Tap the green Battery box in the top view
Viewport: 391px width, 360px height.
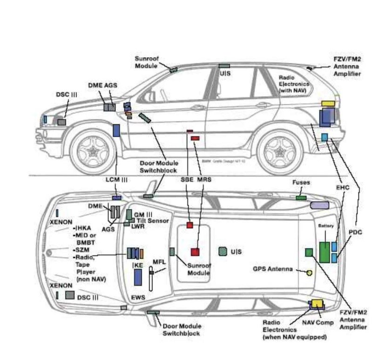(324, 252)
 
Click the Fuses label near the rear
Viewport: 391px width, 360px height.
(301, 183)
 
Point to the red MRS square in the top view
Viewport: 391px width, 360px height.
(195, 252)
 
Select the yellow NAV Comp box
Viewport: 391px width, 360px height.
(317, 303)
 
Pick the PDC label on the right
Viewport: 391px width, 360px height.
(355, 231)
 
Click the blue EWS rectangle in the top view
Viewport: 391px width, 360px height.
(138, 277)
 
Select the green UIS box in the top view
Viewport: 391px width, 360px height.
(223, 251)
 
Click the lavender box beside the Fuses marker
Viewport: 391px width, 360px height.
(319, 205)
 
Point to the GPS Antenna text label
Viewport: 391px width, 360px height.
(273, 269)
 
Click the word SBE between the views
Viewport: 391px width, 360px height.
(187, 179)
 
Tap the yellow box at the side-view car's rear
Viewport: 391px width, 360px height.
(328, 103)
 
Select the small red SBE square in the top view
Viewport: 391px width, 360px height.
(190, 225)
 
